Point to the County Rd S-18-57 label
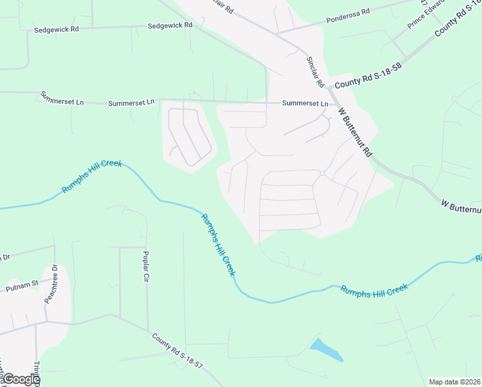[177, 350]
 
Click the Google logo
[21, 379]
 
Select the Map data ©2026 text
[454, 382]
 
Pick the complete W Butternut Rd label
[355, 132]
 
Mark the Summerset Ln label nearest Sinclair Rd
[305, 103]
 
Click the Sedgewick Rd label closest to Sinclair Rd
[170, 26]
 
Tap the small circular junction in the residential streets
[322, 173]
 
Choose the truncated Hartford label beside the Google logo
[3, 371]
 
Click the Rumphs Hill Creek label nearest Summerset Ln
[91, 177]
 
